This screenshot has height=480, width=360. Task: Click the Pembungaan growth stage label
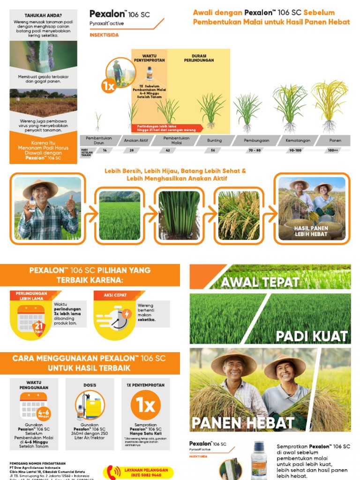pyautogui.click(x=254, y=140)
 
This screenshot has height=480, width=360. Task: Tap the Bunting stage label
pyautogui.click(x=215, y=140)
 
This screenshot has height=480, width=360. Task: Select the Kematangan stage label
pyautogui.click(x=295, y=140)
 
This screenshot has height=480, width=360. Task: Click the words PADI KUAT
pyautogui.click(x=311, y=336)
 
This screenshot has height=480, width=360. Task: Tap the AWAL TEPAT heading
pyautogui.click(x=260, y=282)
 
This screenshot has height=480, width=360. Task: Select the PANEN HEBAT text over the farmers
pyautogui.click(x=243, y=423)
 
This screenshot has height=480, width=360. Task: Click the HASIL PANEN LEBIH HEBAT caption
pyautogui.click(x=311, y=231)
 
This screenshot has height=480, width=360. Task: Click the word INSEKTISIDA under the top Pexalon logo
pyautogui.click(x=104, y=35)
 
